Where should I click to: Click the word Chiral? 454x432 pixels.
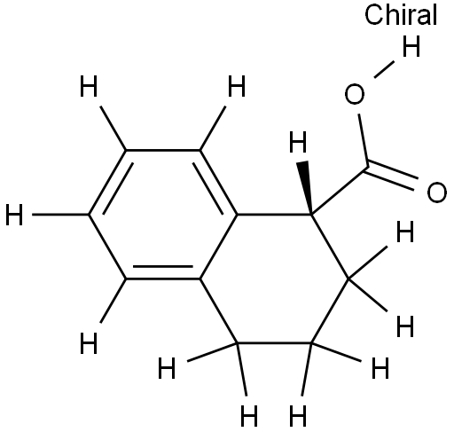point(401,15)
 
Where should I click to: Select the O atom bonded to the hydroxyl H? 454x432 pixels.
point(355,94)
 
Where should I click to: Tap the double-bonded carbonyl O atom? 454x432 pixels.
point(436,192)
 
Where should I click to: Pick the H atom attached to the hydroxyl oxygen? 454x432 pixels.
point(411,46)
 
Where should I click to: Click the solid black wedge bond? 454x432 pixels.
point(306,187)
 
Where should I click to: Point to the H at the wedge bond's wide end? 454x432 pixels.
point(298,142)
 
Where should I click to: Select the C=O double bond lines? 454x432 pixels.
point(392,176)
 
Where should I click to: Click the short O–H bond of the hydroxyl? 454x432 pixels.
point(384,69)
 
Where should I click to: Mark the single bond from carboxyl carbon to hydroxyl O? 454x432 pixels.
point(364,140)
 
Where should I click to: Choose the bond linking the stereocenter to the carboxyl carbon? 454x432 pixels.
point(340,190)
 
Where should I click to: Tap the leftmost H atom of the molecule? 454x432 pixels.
point(14,215)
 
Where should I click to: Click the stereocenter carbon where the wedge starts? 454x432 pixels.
point(311,214)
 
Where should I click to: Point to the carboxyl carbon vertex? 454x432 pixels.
point(368,167)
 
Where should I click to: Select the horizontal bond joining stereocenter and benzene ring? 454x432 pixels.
point(274,214)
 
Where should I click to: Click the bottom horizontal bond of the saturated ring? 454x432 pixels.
point(274,343)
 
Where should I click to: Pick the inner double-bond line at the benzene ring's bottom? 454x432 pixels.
point(163,267)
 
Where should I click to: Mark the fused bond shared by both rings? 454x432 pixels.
point(218,246)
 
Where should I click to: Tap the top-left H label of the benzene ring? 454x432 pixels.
point(89,86)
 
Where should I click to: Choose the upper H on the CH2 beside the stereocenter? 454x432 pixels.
point(405,232)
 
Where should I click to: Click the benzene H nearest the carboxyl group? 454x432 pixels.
point(237,86)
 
